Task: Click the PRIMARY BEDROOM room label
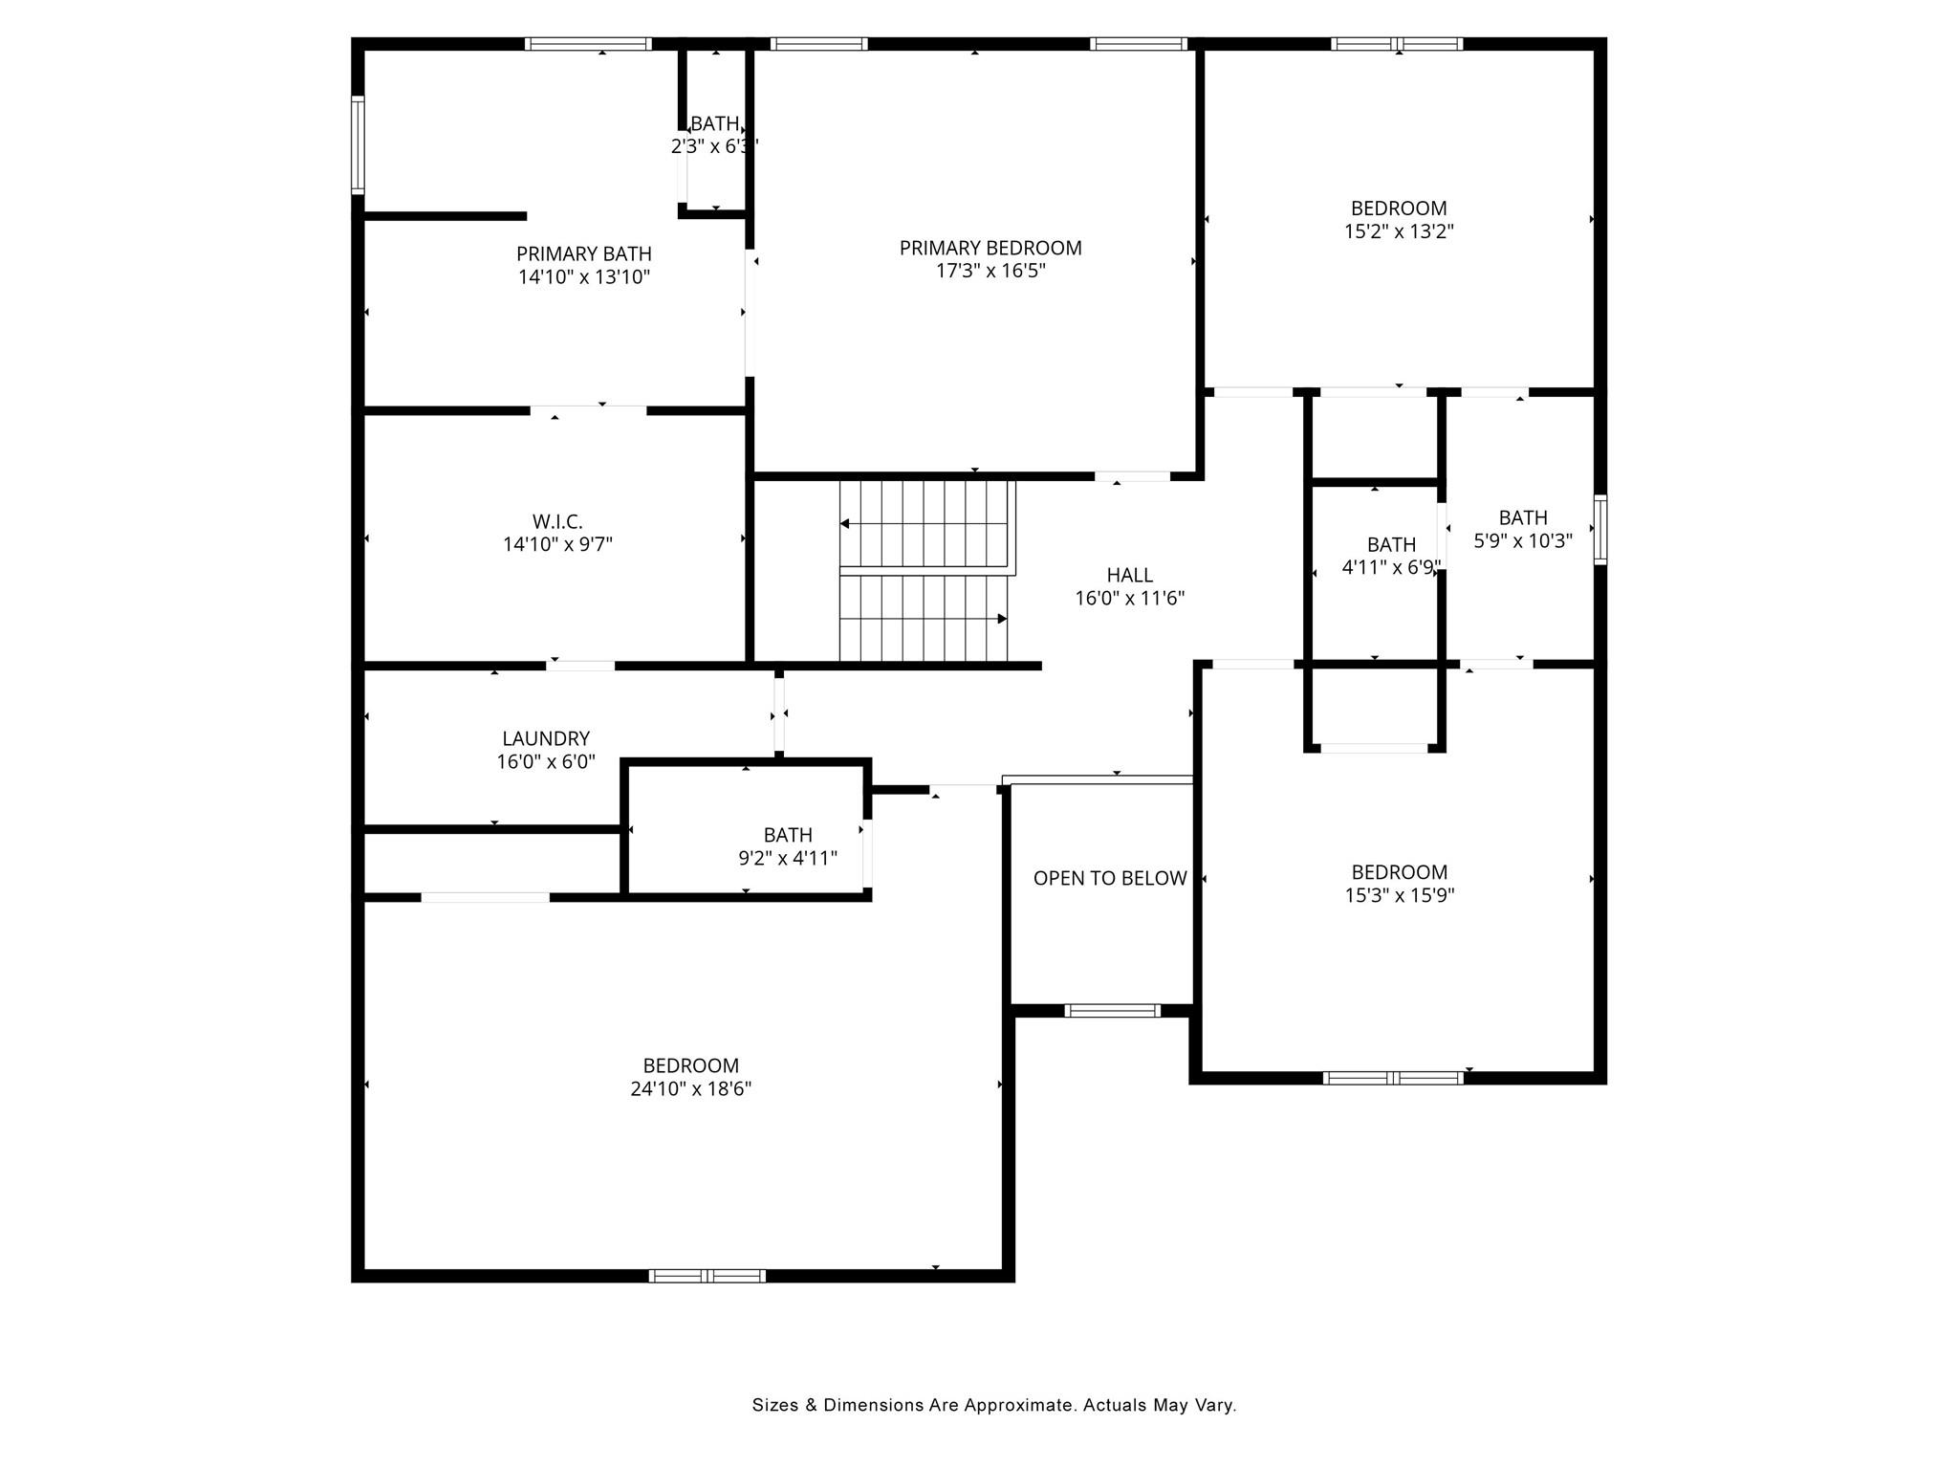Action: (x=990, y=248)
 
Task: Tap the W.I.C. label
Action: (x=557, y=521)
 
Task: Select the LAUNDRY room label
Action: (x=546, y=738)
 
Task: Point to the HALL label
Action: (x=1129, y=575)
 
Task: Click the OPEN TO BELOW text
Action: (x=1110, y=878)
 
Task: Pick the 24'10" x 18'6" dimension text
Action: (x=690, y=1088)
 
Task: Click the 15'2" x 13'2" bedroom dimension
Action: (x=1399, y=231)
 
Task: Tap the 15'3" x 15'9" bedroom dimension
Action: (x=1399, y=895)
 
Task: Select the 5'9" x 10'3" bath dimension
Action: (x=1523, y=540)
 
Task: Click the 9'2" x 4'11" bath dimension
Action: (x=788, y=858)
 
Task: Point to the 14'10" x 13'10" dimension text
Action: (x=584, y=277)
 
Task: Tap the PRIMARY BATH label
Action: (x=584, y=253)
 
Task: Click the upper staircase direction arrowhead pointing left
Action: (x=845, y=523)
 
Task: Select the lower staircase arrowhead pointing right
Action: (x=1002, y=619)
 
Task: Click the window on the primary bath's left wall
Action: (x=359, y=145)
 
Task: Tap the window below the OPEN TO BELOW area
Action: (x=1112, y=1011)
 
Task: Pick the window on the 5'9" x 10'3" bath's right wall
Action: (x=1599, y=530)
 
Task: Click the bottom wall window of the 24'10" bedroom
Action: (x=707, y=1275)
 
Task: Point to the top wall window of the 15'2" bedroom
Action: (x=1397, y=44)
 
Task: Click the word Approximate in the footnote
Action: (x=1019, y=1405)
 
